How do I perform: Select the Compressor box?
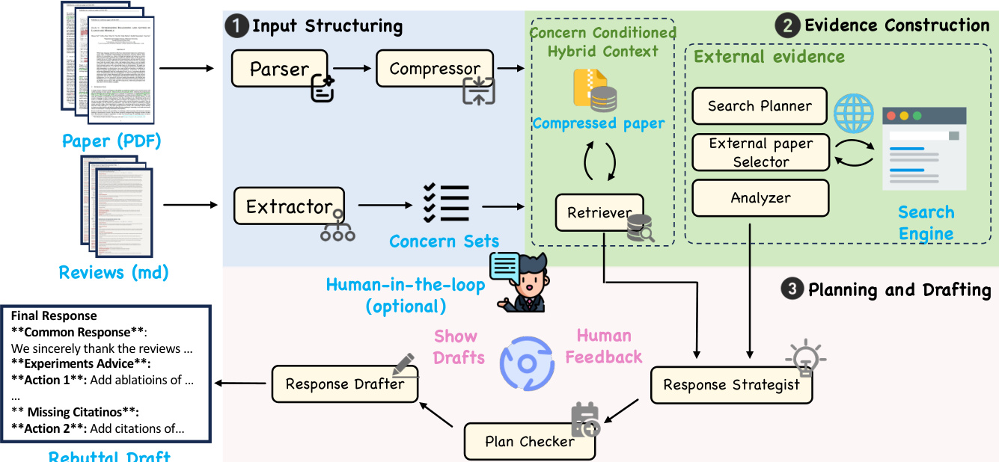click(x=435, y=69)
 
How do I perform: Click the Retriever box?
click(x=599, y=213)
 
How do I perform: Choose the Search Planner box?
click(x=760, y=106)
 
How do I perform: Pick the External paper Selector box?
click(x=760, y=153)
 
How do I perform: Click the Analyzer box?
click(x=760, y=198)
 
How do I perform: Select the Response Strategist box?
click(x=731, y=385)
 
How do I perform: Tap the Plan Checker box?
click(x=529, y=441)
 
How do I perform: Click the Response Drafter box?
click(x=344, y=384)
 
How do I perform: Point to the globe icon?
click(x=853, y=114)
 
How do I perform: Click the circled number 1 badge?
click(x=236, y=27)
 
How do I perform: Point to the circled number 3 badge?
click(x=792, y=289)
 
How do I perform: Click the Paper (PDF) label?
click(x=111, y=141)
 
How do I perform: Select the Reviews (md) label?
click(x=114, y=272)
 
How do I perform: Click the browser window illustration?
click(x=924, y=148)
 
